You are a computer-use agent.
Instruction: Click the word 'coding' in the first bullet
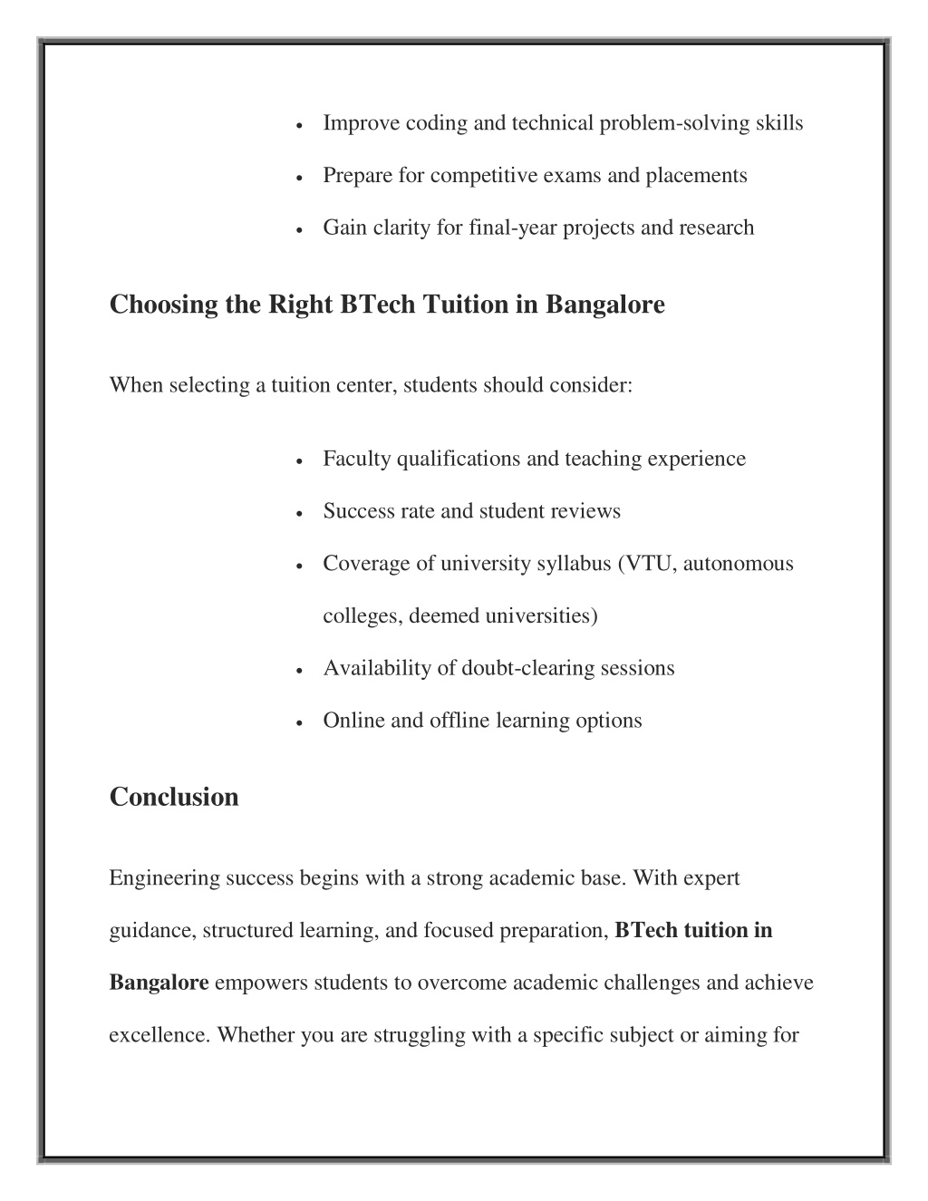pos(437,123)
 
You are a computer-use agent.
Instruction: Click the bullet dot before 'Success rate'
pos(299,513)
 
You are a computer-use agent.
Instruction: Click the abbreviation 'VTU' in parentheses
pos(647,564)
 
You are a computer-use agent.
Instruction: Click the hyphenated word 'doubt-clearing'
pos(526,669)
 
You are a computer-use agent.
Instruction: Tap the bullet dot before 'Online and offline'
pos(299,722)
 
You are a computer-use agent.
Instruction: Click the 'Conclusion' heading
pos(174,797)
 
